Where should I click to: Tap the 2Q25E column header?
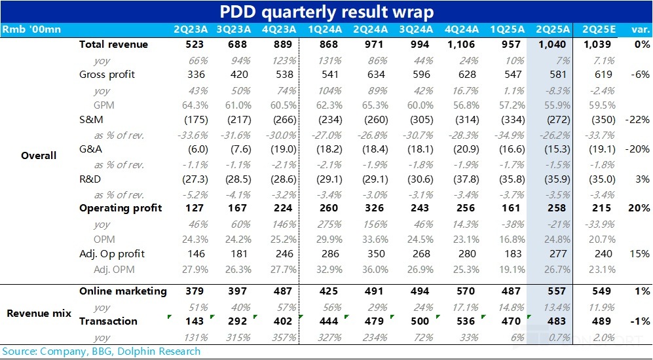tap(595, 29)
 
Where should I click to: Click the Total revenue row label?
tap(113, 45)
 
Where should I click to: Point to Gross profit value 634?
tap(369, 75)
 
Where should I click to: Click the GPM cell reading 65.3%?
tap(369, 104)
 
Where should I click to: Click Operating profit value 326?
tap(369, 208)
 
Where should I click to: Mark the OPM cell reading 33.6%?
tap(369, 238)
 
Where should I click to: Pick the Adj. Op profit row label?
tap(112, 253)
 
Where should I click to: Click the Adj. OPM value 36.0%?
tap(369, 268)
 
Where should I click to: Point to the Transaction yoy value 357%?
tap(284, 336)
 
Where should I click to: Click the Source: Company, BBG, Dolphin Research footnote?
tap(100, 351)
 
